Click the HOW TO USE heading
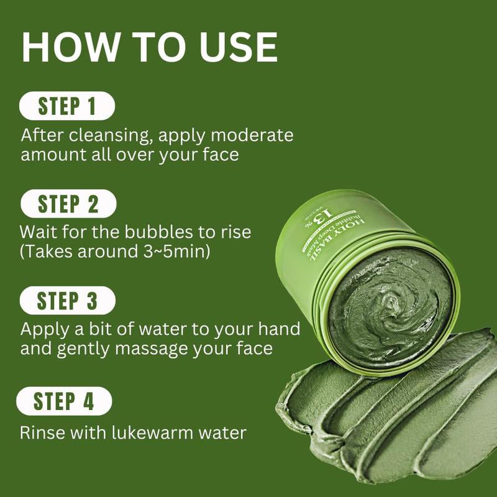pyautogui.click(x=149, y=48)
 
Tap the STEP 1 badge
pyautogui.click(x=67, y=106)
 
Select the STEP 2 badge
pyautogui.click(x=68, y=204)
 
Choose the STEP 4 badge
pyautogui.click(x=64, y=401)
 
